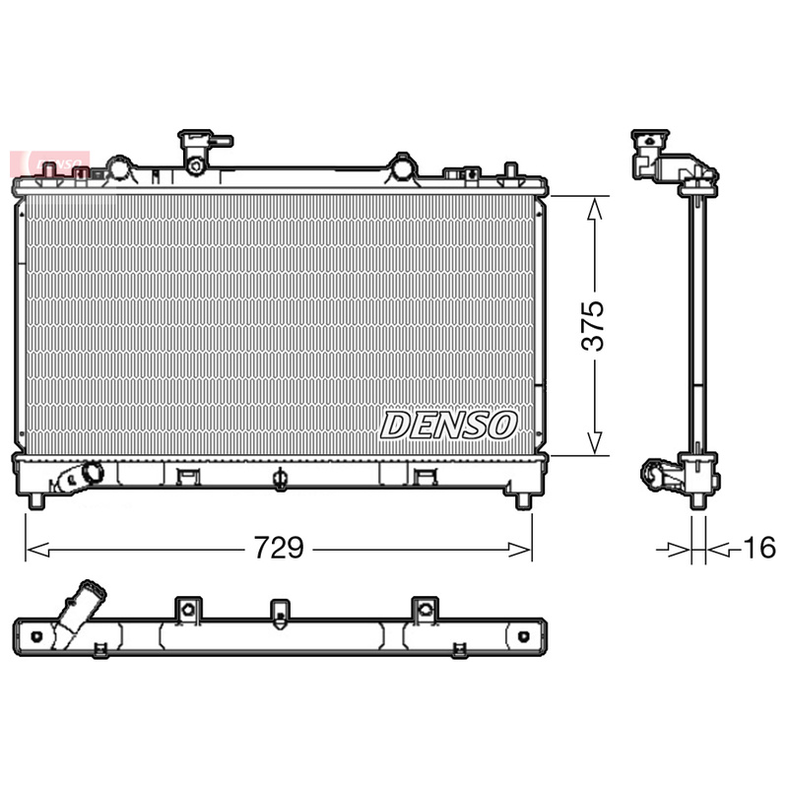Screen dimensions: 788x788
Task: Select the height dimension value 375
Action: [x=593, y=325]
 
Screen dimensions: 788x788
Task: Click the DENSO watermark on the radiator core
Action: [x=449, y=425]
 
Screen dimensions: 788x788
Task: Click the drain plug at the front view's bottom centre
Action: [x=280, y=481]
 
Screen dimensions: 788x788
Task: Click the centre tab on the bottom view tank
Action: [x=281, y=613]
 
